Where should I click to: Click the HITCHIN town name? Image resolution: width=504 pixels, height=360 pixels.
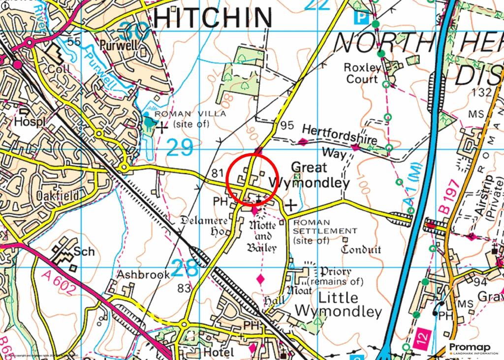[212, 18]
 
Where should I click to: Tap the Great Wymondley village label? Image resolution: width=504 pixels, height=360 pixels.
[320, 175]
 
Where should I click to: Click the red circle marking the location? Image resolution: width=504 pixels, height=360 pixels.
[252, 179]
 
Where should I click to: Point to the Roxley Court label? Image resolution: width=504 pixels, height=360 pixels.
[362, 73]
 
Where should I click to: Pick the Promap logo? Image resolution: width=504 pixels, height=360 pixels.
[473, 349]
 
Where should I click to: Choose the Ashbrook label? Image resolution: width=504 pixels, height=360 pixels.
[143, 274]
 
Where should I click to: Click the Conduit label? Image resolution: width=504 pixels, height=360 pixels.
[361, 250]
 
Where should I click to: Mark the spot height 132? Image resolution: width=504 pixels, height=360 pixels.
[480, 92]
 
